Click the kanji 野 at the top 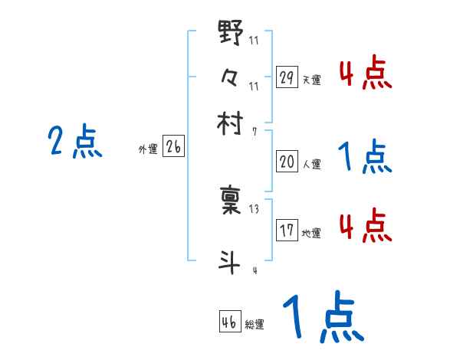[231, 34]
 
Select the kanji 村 [231, 123]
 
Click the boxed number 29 [287, 77]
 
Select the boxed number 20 [287, 162]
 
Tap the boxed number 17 [287, 231]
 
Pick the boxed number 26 [173, 148]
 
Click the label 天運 [311, 80]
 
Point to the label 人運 [311, 164]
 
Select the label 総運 [255, 324]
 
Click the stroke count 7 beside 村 [254, 132]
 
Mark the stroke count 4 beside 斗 [254, 270]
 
